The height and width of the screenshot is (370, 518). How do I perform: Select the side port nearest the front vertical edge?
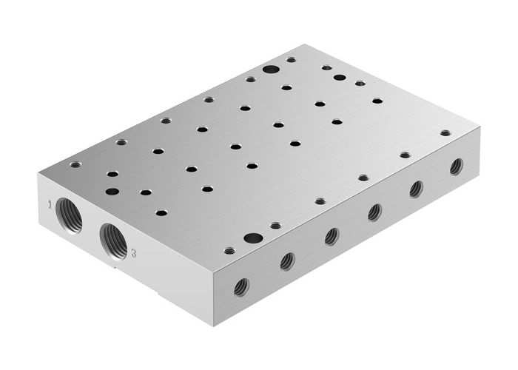[240, 286]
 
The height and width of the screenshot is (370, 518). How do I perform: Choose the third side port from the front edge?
[332, 235]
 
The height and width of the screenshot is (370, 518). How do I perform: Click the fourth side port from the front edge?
[374, 212]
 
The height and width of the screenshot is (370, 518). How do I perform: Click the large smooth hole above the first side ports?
[253, 238]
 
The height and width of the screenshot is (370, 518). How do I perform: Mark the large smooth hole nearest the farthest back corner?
[271, 70]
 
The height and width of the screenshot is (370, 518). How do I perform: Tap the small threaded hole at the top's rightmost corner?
[445, 133]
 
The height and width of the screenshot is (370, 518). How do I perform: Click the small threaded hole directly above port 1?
[74, 165]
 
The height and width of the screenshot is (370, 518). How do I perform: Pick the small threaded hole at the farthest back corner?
[291, 60]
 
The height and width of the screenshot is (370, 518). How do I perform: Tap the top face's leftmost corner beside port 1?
[37, 172]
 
